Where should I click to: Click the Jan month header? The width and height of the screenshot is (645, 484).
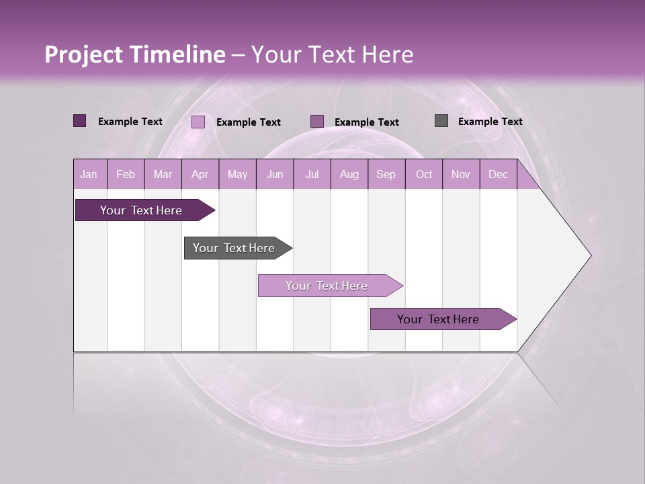coord(89,174)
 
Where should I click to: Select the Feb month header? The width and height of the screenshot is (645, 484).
coord(126,174)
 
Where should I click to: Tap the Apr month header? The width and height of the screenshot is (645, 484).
coord(200,174)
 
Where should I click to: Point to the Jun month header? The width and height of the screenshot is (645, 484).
coord(275,174)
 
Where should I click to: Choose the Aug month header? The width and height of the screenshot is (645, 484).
coord(349,174)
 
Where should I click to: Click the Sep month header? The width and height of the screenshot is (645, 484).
coord(386,174)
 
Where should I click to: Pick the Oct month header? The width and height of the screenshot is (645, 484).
coord(424,174)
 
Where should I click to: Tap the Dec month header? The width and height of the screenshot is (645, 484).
coord(498,174)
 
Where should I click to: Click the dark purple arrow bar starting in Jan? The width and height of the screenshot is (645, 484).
coord(141,210)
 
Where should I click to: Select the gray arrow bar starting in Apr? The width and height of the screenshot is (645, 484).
coord(234,248)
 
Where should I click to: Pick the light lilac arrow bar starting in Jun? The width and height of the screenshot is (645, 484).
coord(327,286)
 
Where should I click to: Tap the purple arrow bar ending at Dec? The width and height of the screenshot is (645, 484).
coord(438,319)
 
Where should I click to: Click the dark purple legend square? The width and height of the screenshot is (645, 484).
coord(80,121)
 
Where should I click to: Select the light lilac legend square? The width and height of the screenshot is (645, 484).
coord(198,122)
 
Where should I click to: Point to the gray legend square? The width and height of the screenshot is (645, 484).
coord(441,121)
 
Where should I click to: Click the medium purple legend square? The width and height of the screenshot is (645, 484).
coord(317,121)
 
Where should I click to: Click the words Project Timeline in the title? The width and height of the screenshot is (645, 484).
coord(134,54)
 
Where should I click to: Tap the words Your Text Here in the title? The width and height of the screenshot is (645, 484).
coord(332,54)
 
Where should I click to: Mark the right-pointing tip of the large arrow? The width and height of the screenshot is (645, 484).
coord(589,255)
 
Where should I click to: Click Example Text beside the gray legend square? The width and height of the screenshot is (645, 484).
coord(490,121)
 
